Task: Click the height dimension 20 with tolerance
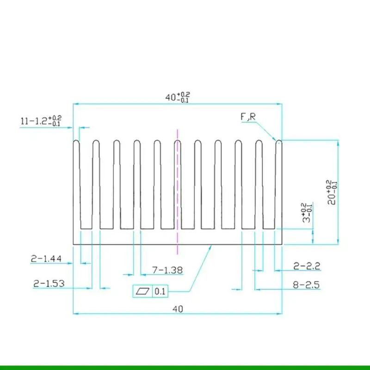pos(332,192)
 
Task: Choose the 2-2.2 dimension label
pos(307,265)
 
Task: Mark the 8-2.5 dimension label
pos(307,285)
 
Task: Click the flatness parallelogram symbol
pos(143,291)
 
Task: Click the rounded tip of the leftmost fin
pos(76,142)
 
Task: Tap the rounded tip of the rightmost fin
pos(279,142)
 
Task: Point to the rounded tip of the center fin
pos(178,142)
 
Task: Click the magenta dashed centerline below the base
pos(178,250)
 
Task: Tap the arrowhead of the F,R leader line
pos(275,139)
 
